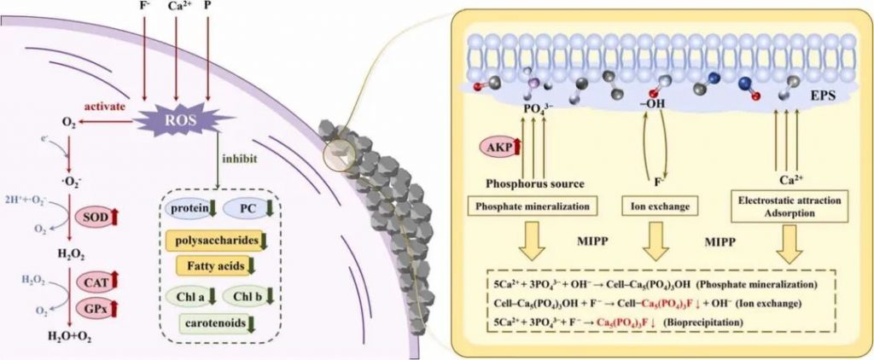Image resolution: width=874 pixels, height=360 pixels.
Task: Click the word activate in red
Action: tap(105, 107)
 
